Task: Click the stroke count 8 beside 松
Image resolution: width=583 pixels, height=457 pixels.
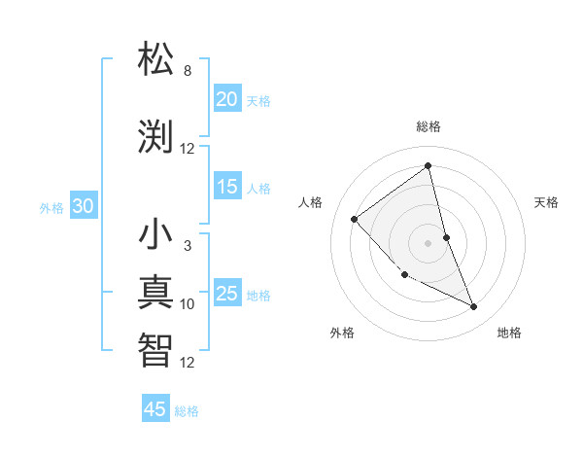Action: point(188,71)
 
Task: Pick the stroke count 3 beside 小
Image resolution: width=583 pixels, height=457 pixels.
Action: point(188,246)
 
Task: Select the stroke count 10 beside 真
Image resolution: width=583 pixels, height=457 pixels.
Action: point(188,304)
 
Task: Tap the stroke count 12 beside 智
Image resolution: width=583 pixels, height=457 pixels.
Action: point(188,363)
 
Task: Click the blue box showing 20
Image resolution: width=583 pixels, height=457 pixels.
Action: point(226,99)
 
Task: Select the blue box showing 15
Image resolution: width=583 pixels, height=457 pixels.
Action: point(226,187)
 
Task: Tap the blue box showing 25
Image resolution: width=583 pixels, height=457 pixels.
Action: point(226,294)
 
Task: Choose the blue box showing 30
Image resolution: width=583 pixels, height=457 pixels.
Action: point(83,206)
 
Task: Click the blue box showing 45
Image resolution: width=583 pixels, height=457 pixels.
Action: point(155,409)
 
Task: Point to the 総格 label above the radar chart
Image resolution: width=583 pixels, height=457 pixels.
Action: point(429,126)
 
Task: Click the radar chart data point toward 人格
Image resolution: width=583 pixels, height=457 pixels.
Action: point(355,219)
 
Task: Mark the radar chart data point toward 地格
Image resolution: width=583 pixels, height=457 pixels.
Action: point(474,307)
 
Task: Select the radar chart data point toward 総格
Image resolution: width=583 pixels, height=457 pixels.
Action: point(429,165)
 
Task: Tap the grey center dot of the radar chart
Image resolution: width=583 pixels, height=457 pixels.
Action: point(429,243)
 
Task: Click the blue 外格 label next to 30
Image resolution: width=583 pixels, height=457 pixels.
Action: point(51,207)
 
